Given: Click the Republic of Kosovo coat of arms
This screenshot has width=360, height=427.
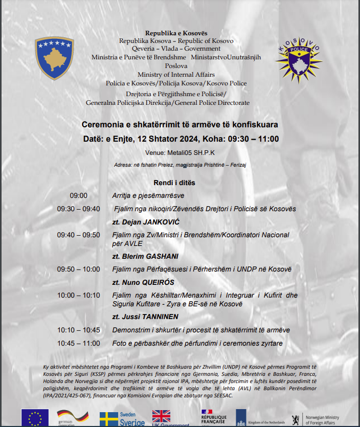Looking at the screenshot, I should [54, 58].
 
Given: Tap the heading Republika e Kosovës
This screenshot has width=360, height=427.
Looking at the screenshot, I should [176, 33].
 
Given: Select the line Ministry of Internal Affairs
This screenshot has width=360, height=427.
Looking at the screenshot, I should [176, 75].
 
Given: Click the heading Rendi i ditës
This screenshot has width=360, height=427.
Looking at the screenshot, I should [174, 183].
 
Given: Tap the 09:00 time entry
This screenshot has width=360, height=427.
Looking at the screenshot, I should [79, 195].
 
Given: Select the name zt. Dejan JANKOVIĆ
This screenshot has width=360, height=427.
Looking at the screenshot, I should [145, 222].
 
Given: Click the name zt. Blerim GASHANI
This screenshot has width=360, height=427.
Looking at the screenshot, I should [145, 256].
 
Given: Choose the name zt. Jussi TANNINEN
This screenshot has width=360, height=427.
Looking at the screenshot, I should [146, 316].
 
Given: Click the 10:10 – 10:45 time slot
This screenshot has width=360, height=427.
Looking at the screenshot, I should [79, 330].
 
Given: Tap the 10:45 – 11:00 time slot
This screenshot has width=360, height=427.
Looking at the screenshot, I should [79, 343].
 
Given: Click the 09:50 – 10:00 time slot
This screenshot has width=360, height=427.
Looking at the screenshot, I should [79, 269].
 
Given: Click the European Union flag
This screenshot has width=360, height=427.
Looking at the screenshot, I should [35, 418].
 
